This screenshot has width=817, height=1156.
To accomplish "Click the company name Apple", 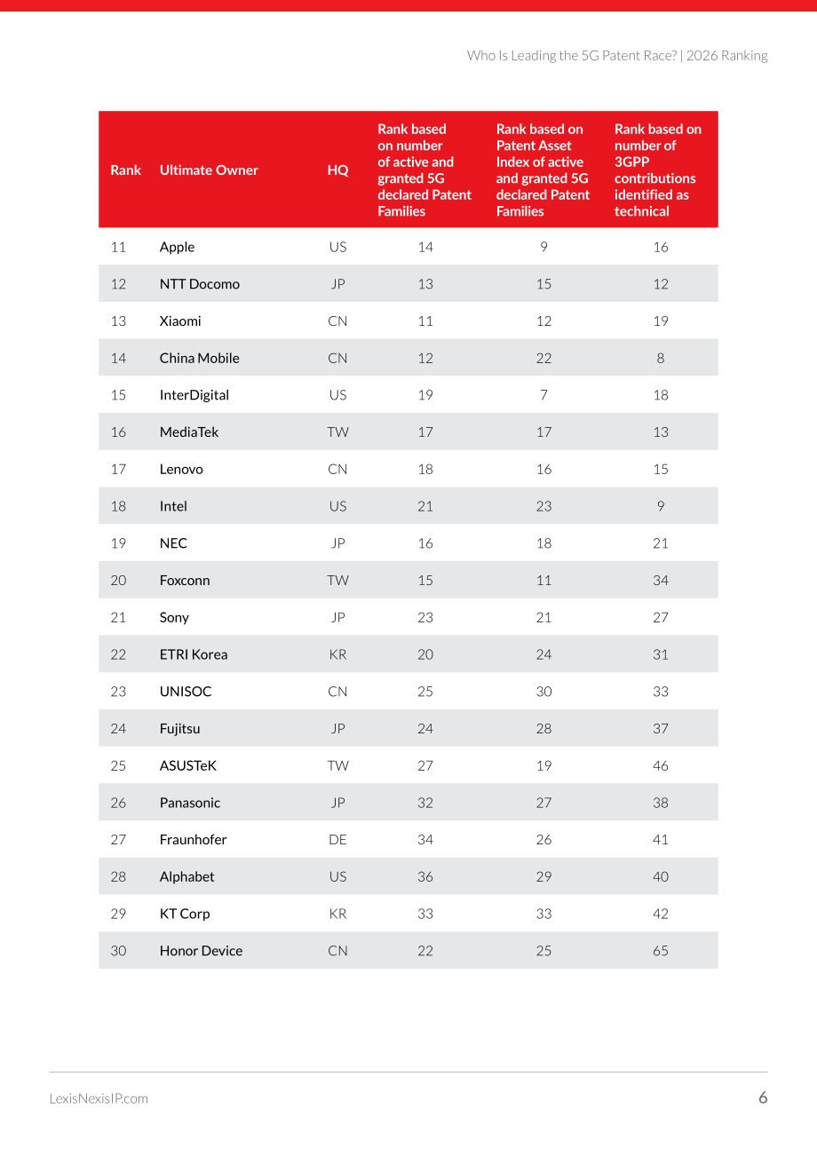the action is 177,247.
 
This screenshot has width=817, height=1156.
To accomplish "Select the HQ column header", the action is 337,170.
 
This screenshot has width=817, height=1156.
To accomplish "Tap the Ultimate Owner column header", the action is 209,170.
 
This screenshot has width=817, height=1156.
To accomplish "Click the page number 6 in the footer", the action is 763,1097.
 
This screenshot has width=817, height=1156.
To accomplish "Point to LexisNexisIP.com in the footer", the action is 99,1098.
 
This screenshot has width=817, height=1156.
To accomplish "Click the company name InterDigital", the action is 194,395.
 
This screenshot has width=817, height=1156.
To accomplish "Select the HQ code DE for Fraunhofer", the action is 337,840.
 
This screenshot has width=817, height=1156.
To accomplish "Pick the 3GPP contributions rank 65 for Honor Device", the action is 661,951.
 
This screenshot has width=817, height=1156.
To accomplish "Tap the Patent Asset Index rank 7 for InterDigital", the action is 543,395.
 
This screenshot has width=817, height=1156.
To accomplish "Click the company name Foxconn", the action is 185,580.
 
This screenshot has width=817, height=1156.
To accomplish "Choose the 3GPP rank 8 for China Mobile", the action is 661,358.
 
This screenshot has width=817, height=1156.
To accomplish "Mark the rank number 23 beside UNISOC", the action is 118,692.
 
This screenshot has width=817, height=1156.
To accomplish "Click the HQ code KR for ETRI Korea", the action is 337,654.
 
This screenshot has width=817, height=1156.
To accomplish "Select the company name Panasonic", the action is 190,803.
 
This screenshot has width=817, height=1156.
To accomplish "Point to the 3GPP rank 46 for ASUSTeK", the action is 661,765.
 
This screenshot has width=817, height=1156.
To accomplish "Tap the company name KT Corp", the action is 185,914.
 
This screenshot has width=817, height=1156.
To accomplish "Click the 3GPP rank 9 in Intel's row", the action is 661,506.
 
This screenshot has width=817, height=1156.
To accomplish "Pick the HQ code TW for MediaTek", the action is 337,432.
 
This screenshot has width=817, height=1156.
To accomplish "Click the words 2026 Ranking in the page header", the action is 726,55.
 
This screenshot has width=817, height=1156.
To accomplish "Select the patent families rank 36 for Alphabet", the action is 425,877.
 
